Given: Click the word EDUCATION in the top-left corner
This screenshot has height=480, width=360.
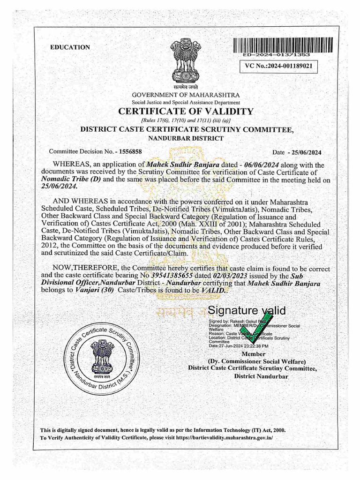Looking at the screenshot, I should click(x=70, y=47).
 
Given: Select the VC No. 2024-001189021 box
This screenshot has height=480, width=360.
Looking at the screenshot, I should click(x=278, y=67).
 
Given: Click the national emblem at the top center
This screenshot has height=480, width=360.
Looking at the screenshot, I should click(x=185, y=61).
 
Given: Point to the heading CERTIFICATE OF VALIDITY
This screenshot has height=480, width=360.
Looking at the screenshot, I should click(x=186, y=112).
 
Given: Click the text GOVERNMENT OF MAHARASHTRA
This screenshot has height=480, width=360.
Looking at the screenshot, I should click(x=186, y=95).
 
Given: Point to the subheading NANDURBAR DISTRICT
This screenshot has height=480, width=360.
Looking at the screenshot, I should click(x=186, y=138).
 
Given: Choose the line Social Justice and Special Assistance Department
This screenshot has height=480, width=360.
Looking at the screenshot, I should click(x=186, y=102).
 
